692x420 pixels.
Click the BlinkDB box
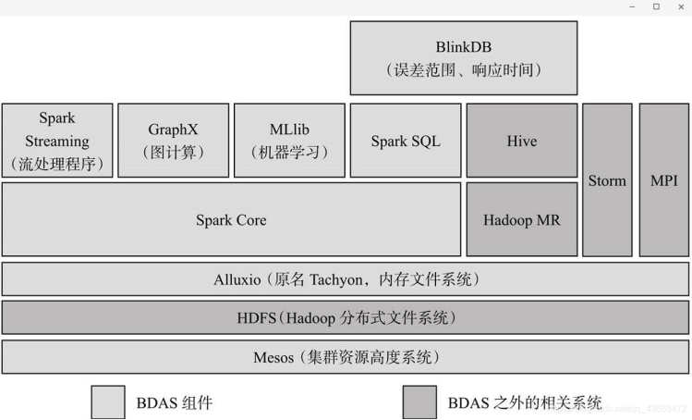(x=463, y=57)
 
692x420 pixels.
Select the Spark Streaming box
(x=57, y=141)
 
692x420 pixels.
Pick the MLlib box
(x=289, y=141)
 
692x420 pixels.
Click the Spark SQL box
(x=406, y=141)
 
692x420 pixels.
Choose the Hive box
(x=522, y=141)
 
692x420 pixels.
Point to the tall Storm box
(x=607, y=180)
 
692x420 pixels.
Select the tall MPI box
(x=663, y=180)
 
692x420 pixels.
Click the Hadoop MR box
(x=522, y=220)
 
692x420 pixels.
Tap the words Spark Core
(x=231, y=220)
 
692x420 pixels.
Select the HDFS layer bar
(x=346, y=317)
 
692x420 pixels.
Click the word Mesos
(x=273, y=357)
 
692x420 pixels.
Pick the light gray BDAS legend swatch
(x=107, y=402)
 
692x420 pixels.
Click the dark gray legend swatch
(x=419, y=402)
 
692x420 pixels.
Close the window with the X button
(x=680, y=6)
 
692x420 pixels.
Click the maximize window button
(x=656, y=6)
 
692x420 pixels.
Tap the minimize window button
(x=632, y=6)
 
